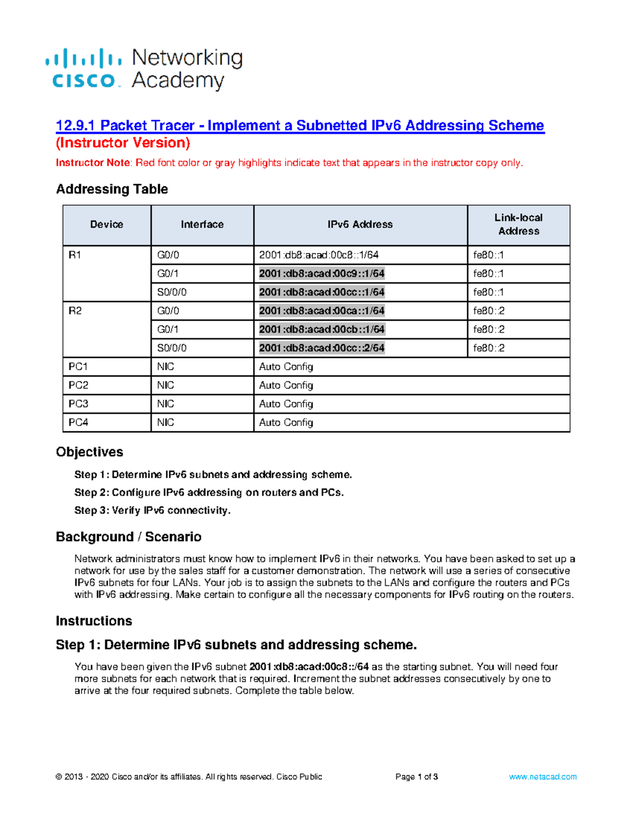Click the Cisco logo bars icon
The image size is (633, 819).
tap(83, 58)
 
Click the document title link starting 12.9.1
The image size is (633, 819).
tap(300, 126)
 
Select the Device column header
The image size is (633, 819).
tap(107, 225)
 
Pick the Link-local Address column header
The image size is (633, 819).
tap(519, 225)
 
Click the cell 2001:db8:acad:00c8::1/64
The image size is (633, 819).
tap(319, 255)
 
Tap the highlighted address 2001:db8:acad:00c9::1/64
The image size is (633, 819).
tap(321, 274)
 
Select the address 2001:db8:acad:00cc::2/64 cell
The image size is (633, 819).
tap(321, 348)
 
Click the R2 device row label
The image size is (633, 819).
tap(75, 311)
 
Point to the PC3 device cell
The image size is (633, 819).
tap(78, 404)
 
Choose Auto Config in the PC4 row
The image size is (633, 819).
tap(286, 422)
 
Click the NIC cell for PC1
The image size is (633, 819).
tap(165, 367)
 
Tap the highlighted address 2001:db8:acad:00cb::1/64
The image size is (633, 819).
tap(321, 330)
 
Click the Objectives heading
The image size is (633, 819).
tap(89, 452)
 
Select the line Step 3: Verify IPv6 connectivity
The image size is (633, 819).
tap(152, 510)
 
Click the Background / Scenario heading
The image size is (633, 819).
tap(128, 537)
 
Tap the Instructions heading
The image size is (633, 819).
tap(94, 621)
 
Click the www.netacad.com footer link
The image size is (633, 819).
tap(542, 777)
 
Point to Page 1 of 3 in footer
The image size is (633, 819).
tap(416, 777)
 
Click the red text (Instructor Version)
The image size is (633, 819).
tap(123, 143)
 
